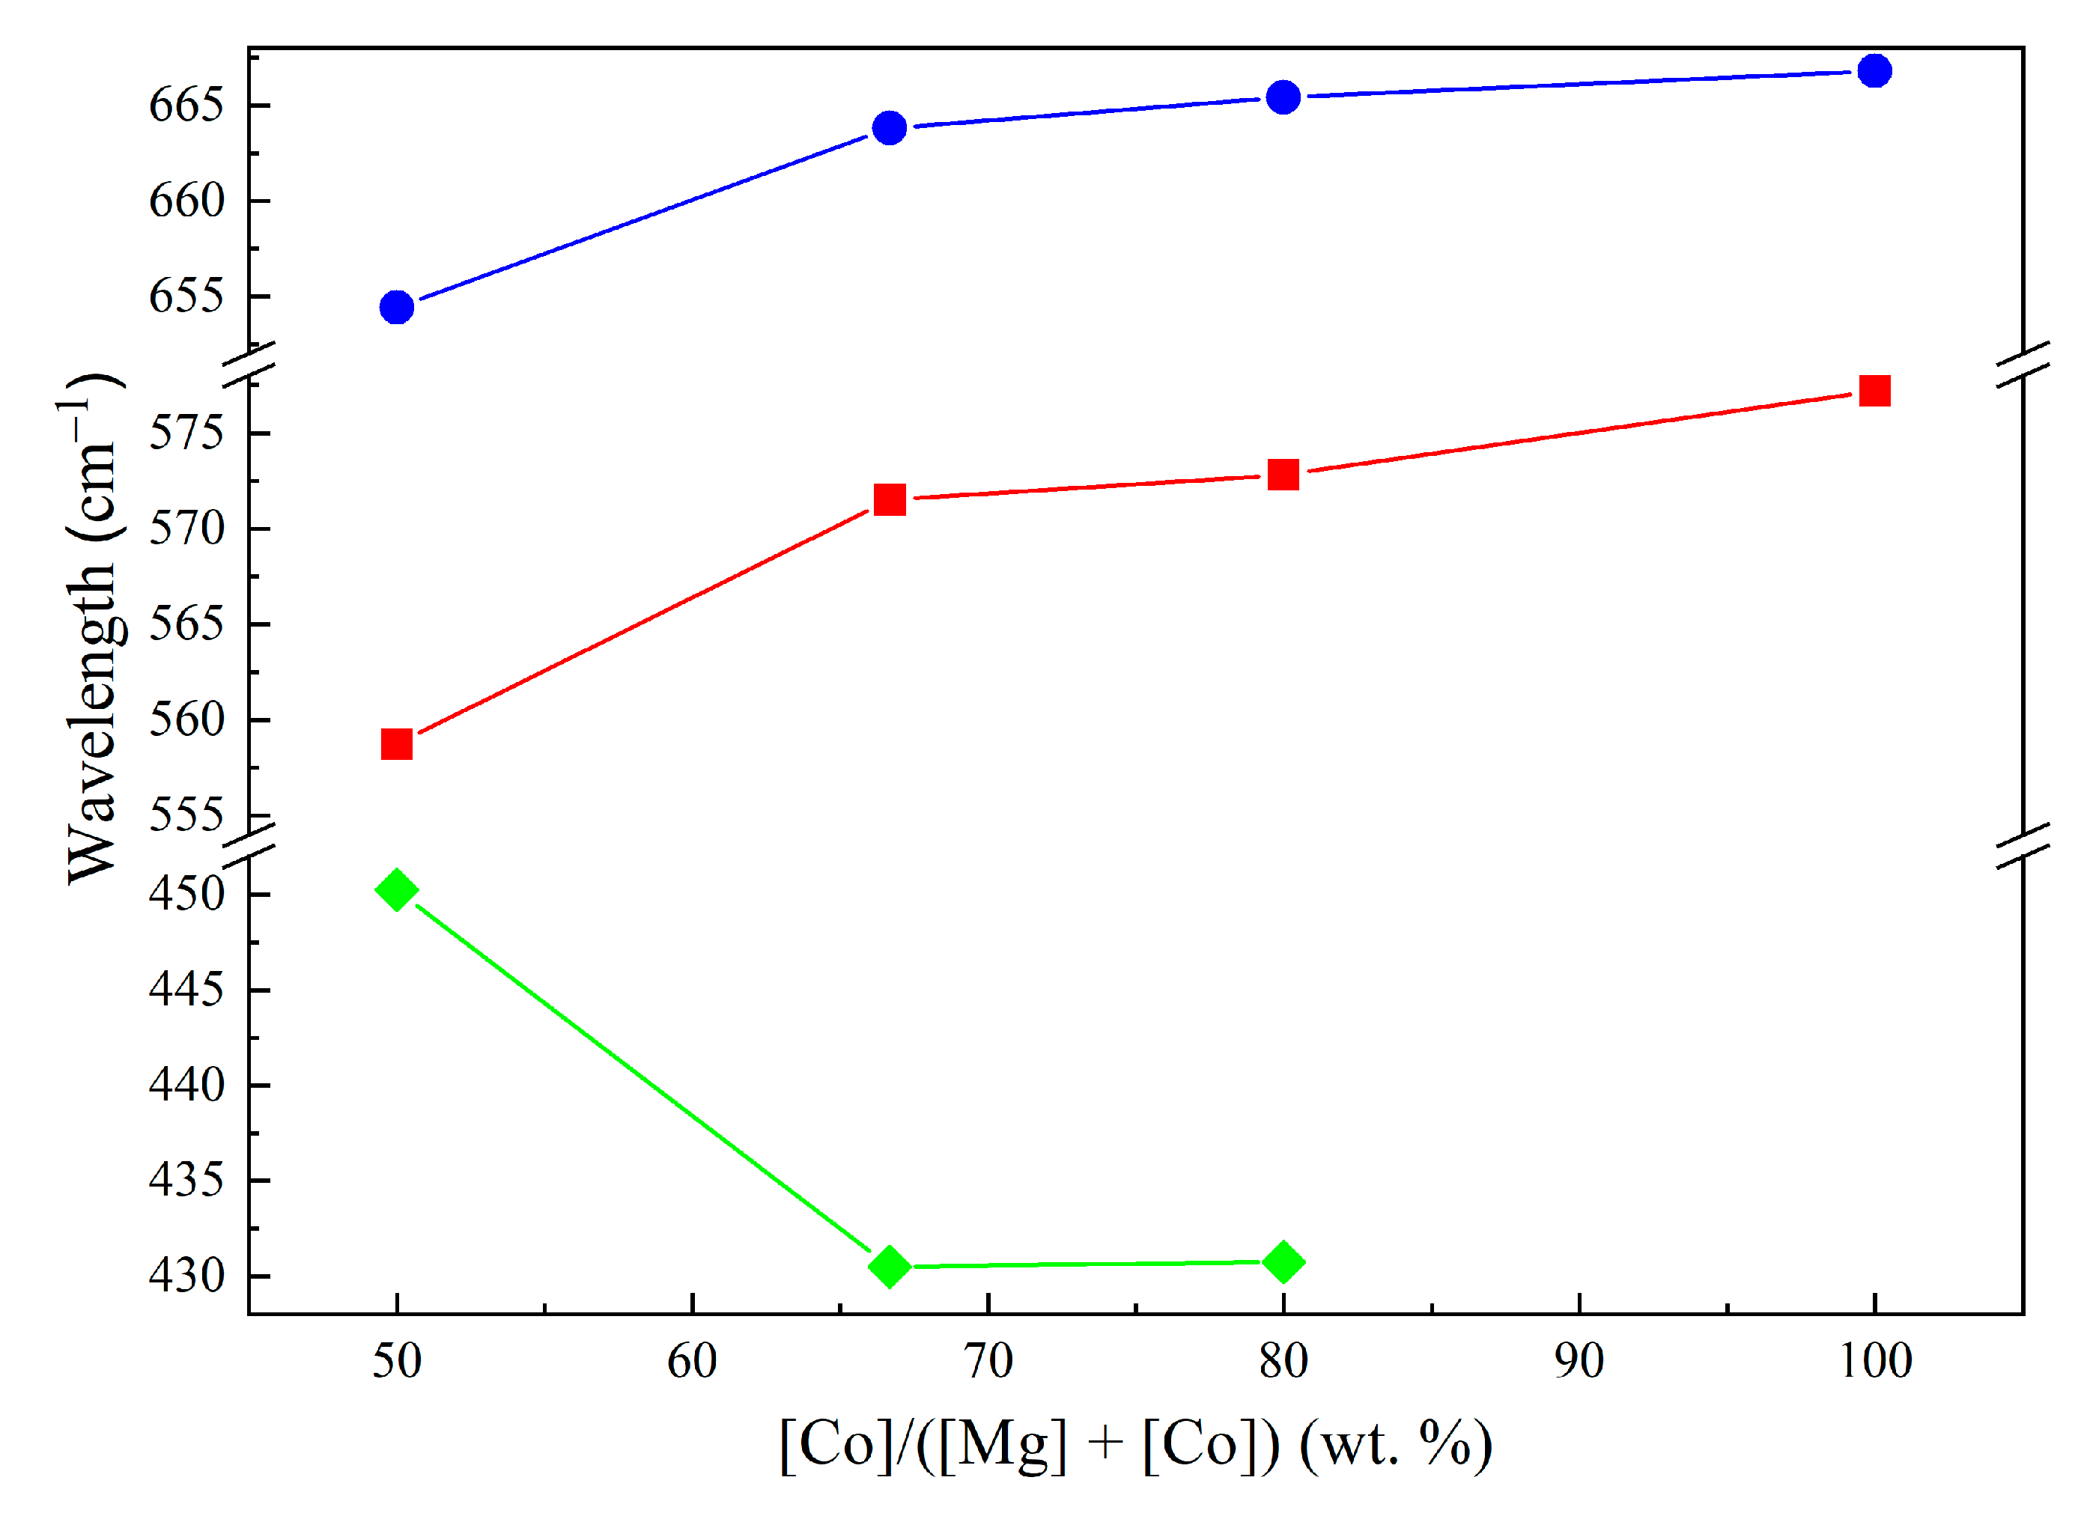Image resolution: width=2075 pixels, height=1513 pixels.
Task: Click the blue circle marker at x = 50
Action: point(397,308)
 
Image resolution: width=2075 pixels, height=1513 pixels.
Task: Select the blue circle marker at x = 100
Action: point(1874,70)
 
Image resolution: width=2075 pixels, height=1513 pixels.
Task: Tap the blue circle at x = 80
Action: point(1283,97)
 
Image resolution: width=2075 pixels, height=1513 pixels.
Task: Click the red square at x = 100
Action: point(1874,391)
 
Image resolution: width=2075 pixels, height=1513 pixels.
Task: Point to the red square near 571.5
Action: point(890,500)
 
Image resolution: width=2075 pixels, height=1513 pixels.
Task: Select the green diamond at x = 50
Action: point(397,889)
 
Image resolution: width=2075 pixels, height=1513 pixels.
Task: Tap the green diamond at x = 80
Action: point(1283,1262)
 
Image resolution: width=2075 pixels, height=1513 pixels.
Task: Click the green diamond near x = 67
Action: point(889,1267)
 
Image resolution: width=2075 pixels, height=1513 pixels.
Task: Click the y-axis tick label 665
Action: point(186,106)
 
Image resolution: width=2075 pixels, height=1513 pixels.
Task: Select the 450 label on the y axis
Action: point(186,894)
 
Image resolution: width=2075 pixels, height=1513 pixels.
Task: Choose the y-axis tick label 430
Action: point(186,1276)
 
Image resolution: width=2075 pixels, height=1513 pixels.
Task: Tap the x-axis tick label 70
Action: point(988,1362)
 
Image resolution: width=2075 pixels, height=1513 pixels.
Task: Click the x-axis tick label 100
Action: point(1874,1362)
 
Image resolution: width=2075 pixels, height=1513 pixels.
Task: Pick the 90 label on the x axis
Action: point(1579,1362)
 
